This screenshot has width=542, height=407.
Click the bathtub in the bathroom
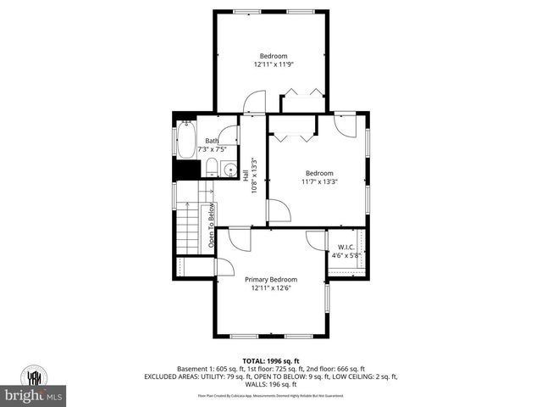(x=186, y=140)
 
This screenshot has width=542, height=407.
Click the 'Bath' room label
(x=211, y=141)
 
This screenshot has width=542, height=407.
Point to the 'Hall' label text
(x=246, y=176)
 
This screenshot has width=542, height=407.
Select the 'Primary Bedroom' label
(x=271, y=279)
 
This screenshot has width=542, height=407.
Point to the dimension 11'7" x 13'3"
(x=319, y=181)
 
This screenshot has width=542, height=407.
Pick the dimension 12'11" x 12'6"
(x=271, y=287)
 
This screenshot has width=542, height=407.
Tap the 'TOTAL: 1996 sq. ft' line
(x=271, y=360)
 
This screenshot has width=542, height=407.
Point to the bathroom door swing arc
(x=223, y=125)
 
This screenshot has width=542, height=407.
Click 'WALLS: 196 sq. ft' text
(x=271, y=384)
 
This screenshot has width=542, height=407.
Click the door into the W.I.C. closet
(x=316, y=241)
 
